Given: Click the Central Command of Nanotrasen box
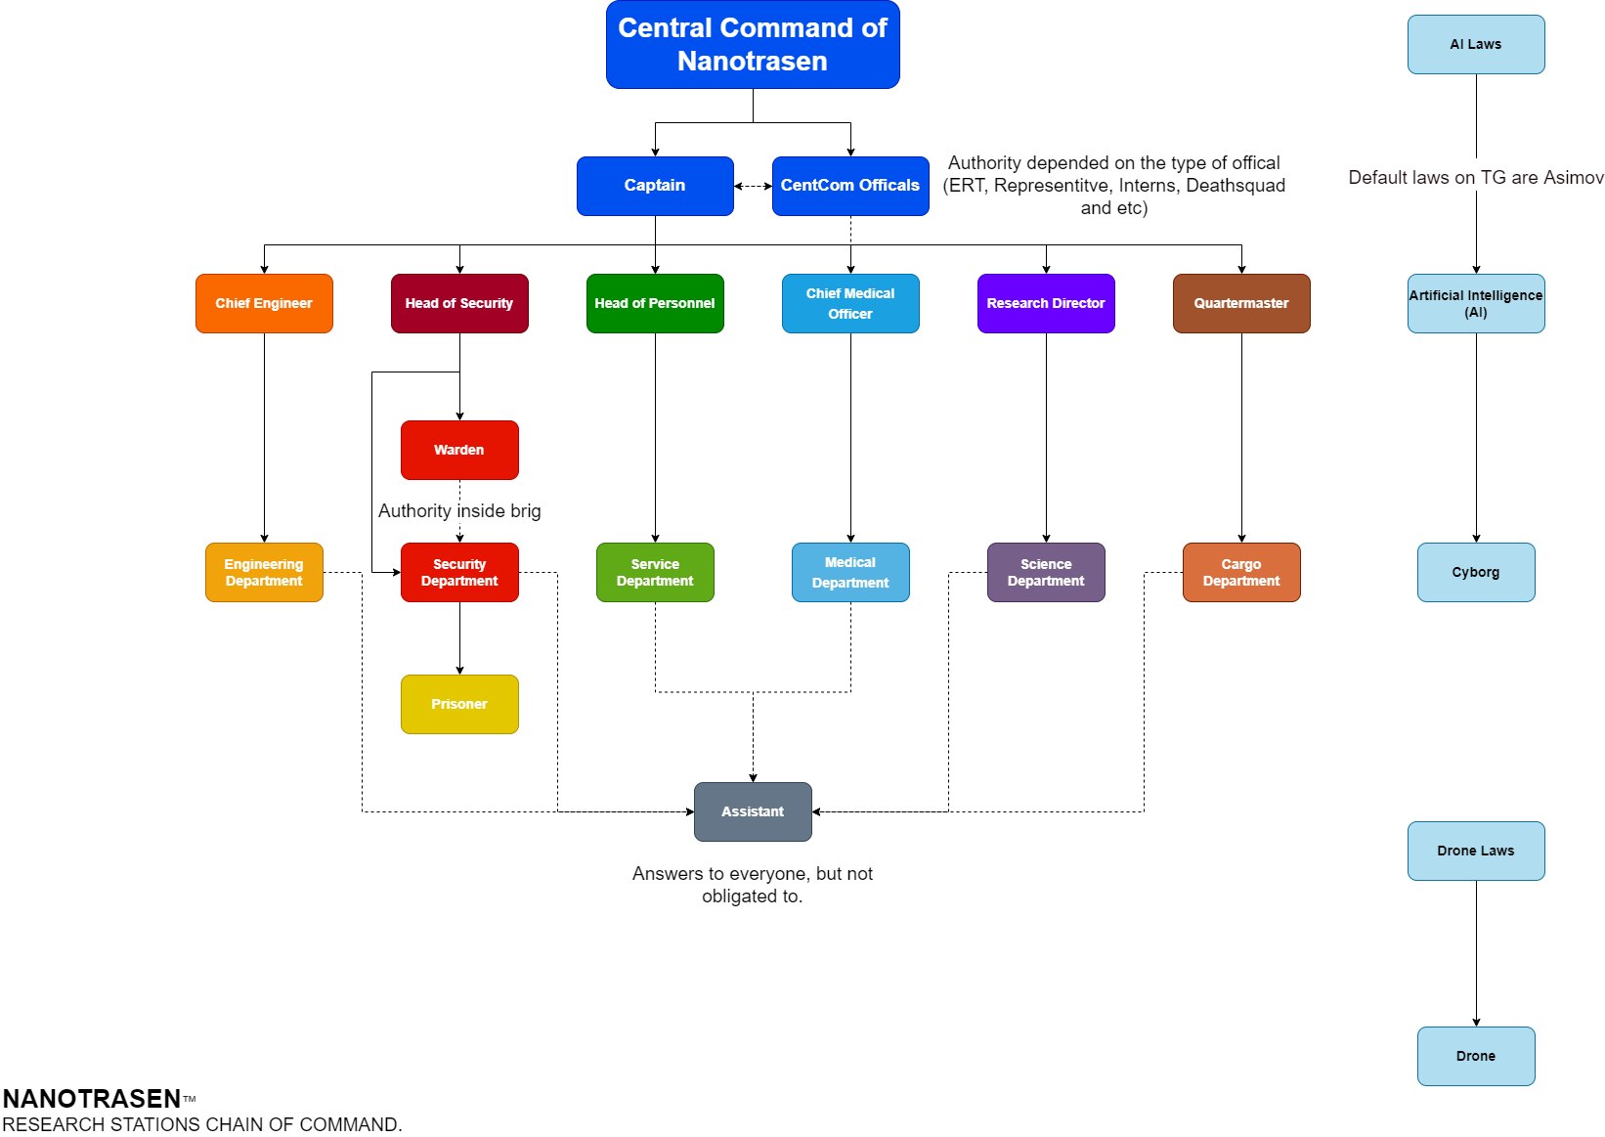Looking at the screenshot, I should point(753,45).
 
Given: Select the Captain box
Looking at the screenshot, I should point(655,186).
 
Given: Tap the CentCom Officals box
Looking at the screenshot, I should point(850,186).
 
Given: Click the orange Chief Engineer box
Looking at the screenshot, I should point(264,303).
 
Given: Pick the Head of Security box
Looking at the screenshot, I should point(459,303).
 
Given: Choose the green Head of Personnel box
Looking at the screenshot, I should point(655,303).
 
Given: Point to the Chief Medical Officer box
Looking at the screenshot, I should point(850,303).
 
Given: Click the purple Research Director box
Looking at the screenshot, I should point(1046,303).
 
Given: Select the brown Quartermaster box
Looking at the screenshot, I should point(1241,303).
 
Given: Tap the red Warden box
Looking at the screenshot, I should point(459,450).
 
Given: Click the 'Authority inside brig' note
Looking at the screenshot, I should point(459,511).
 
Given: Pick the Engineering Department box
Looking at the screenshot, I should point(264,572).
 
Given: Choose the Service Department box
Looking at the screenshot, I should point(655,572).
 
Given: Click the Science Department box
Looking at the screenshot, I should point(1046,572).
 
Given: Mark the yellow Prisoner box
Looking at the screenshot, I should point(459,704).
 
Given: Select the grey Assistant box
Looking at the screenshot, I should point(753,811).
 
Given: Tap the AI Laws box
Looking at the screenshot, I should point(1476,44).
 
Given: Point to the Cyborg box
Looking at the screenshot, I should point(1476,572).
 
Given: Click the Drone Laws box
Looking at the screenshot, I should point(1476,851).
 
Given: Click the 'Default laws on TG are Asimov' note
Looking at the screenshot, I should point(1476,176).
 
